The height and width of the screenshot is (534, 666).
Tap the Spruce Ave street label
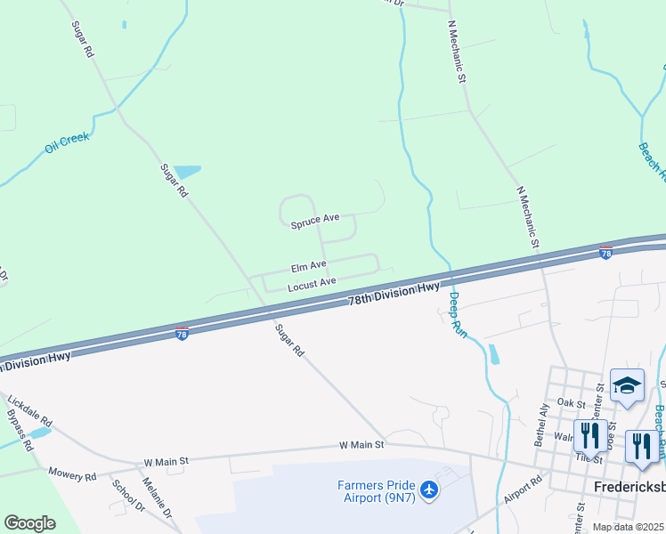click(x=315, y=221)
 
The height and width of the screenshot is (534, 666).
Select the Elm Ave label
click(x=308, y=266)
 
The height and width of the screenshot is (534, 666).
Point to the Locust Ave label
click(x=312, y=285)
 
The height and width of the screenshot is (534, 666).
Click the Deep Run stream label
click(x=457, y=314)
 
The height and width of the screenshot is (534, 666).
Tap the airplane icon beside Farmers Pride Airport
click(x=429, y=489)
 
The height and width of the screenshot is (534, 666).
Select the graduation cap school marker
click(x=627, y=386)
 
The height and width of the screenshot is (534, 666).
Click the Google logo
click(x=29, y=522)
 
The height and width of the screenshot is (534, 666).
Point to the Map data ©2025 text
click(x=627, y=527)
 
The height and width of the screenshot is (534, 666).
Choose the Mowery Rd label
click(x=72, y=475)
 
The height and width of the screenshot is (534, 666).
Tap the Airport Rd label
click(x=524, y=491)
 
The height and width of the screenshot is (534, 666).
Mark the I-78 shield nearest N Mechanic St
click(x=605, y=254)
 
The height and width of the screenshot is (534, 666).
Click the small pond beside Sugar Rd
click(x=187, y=172)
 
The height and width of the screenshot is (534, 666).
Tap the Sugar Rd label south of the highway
click(x=290, y=341)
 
